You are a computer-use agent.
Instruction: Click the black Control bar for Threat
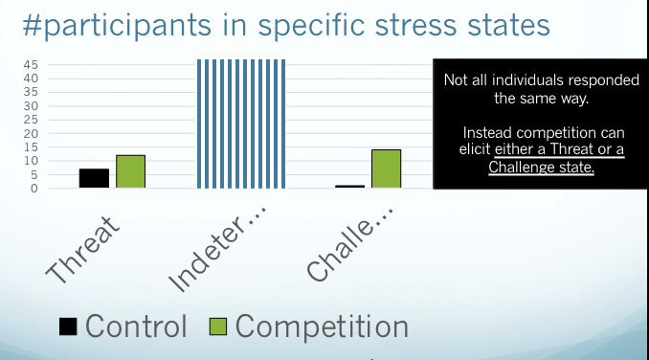[x=94, y=178]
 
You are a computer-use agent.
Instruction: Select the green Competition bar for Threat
[x=130, y=171]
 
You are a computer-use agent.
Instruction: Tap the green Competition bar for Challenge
[x=386, y=169]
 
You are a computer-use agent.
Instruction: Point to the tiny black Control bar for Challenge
[x=349, y=186]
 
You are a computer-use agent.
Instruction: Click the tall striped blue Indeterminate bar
[x=241, y=124]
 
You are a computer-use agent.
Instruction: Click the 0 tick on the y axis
[x=33, y=188]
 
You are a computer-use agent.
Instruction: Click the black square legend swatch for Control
[x=67, y=326]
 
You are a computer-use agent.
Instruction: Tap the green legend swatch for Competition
[x=218, y=326]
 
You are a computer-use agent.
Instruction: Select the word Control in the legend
[x=136, y=326]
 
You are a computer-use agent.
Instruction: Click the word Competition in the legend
[x=322, y=326]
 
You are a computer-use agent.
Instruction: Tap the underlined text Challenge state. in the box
[x=541, y=168]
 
